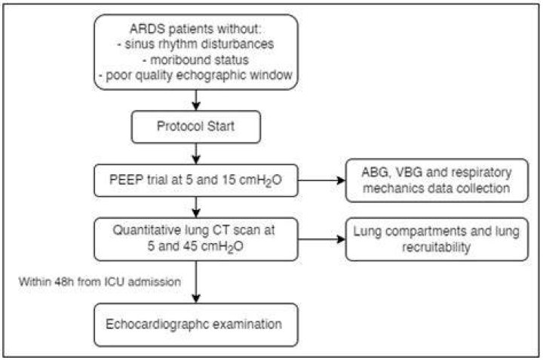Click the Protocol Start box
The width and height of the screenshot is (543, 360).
[x=196, y=127]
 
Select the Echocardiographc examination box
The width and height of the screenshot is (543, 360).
[x=196, y=325]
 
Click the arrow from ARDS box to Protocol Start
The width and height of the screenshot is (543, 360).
[x=196, y=100]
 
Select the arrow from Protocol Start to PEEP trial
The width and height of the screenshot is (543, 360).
[x=196, y=153]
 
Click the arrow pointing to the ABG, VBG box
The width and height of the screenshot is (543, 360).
[x=322, y=180]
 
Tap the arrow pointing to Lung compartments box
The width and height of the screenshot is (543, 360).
[x=322, y=239]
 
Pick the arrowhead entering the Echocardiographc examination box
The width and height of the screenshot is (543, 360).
[x=196, y=299]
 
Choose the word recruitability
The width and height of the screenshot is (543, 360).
[x=437, y=248]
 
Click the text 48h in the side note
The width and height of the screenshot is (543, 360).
[x=65, y=282]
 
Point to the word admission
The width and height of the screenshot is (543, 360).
[x=155, y=282]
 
